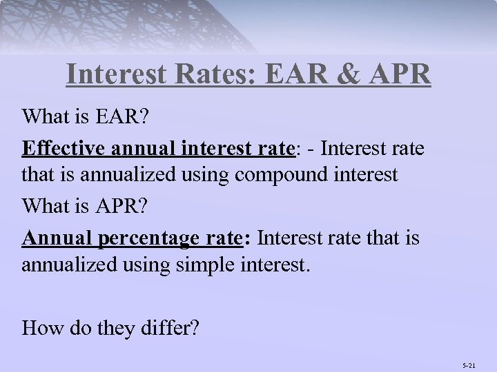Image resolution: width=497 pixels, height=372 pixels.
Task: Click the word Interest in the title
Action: tap(116, 74)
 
